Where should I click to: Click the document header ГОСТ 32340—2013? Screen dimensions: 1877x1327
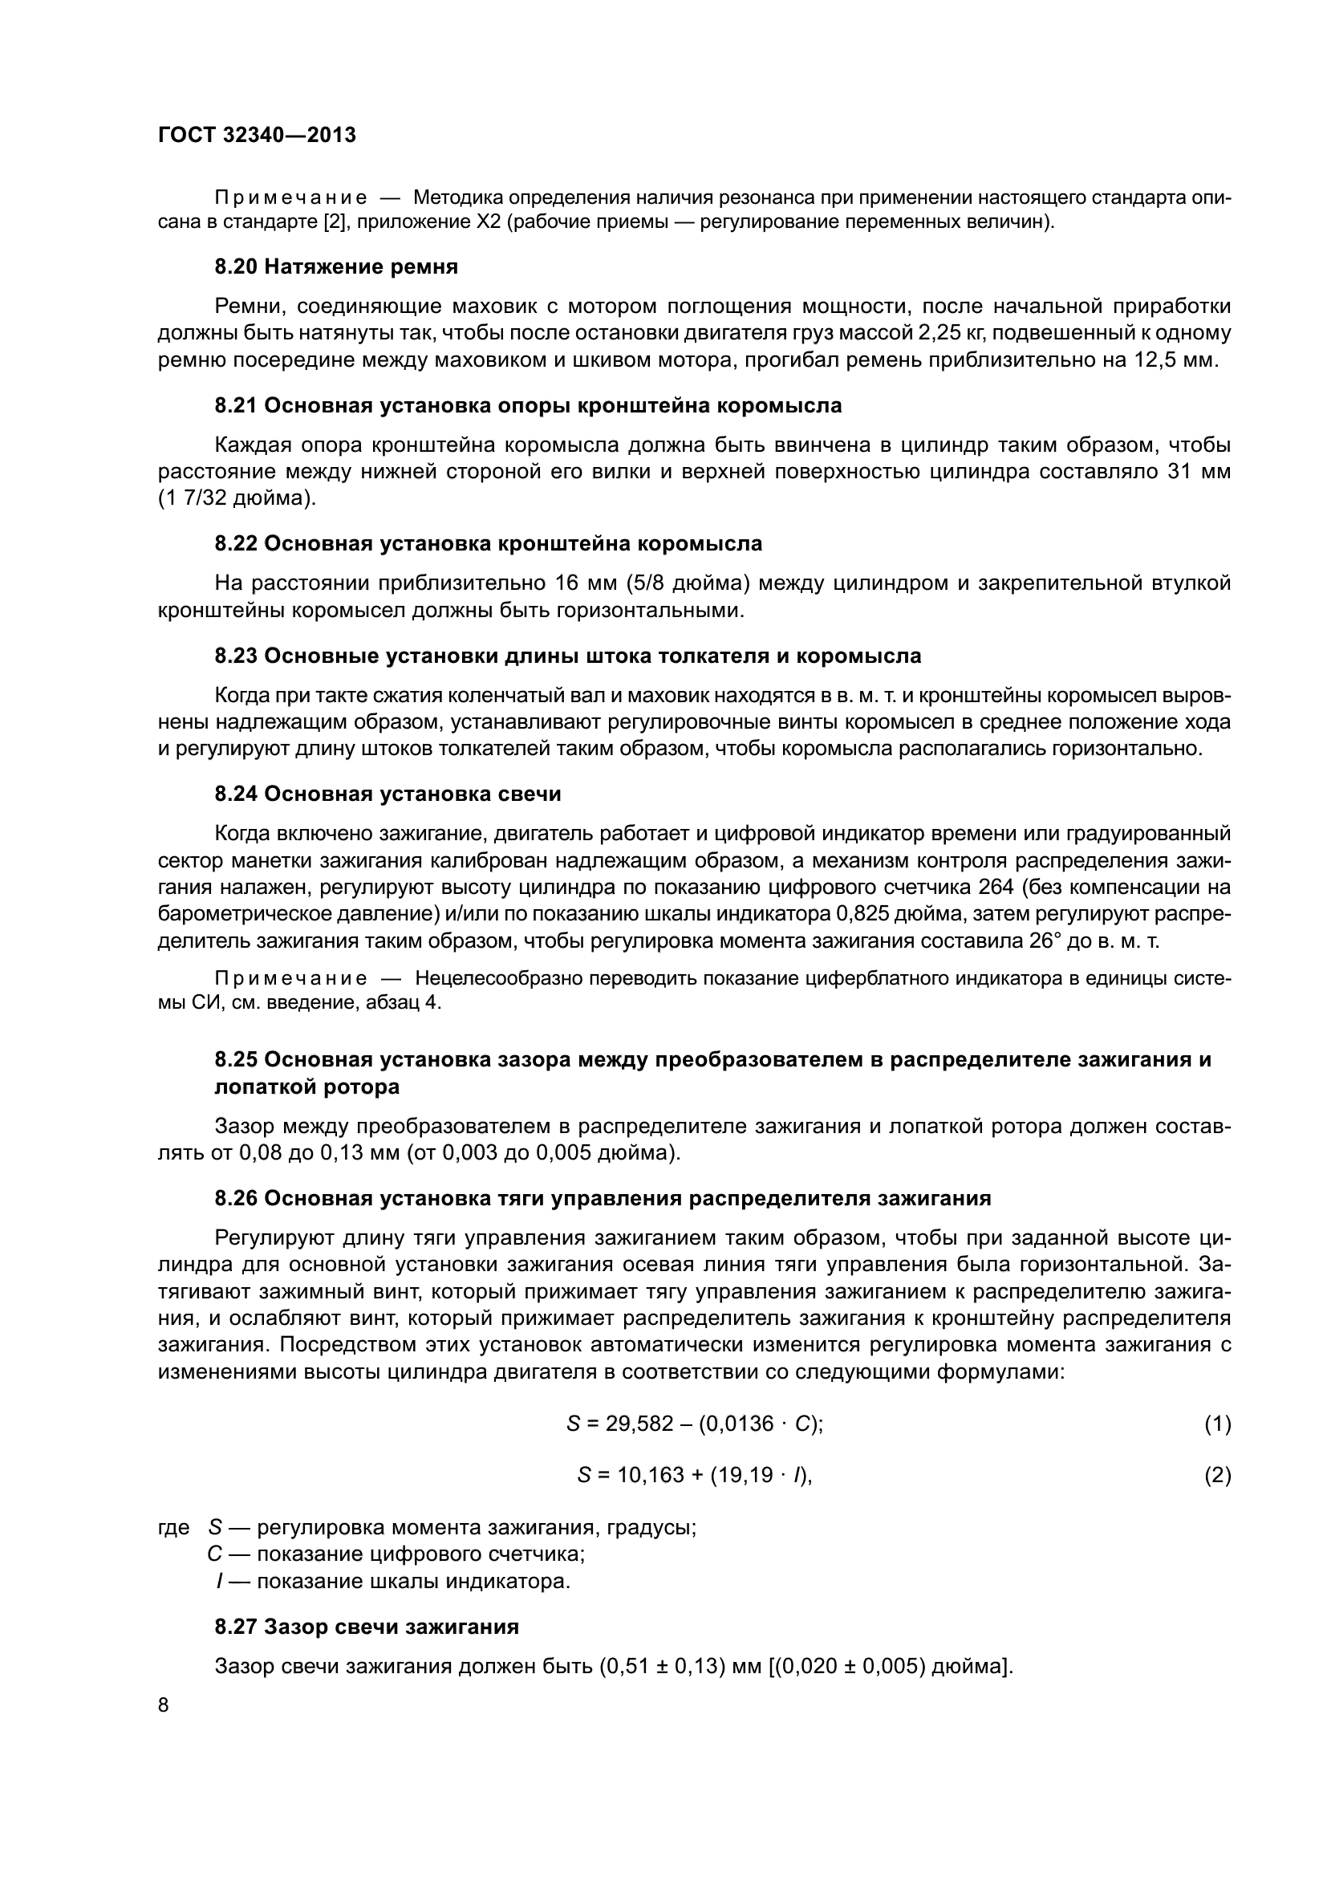click(x=257, y=135)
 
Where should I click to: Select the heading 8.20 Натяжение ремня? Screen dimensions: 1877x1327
click(x=336, y=266)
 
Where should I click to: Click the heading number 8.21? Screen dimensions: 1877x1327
click(x=236, y=405)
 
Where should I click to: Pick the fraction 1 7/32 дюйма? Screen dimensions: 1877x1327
click(x=235, y=498)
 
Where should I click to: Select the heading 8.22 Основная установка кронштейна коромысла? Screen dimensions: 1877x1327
click(x=488, y=543)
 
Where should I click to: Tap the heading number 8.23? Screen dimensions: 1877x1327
click(x=236, y=656)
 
